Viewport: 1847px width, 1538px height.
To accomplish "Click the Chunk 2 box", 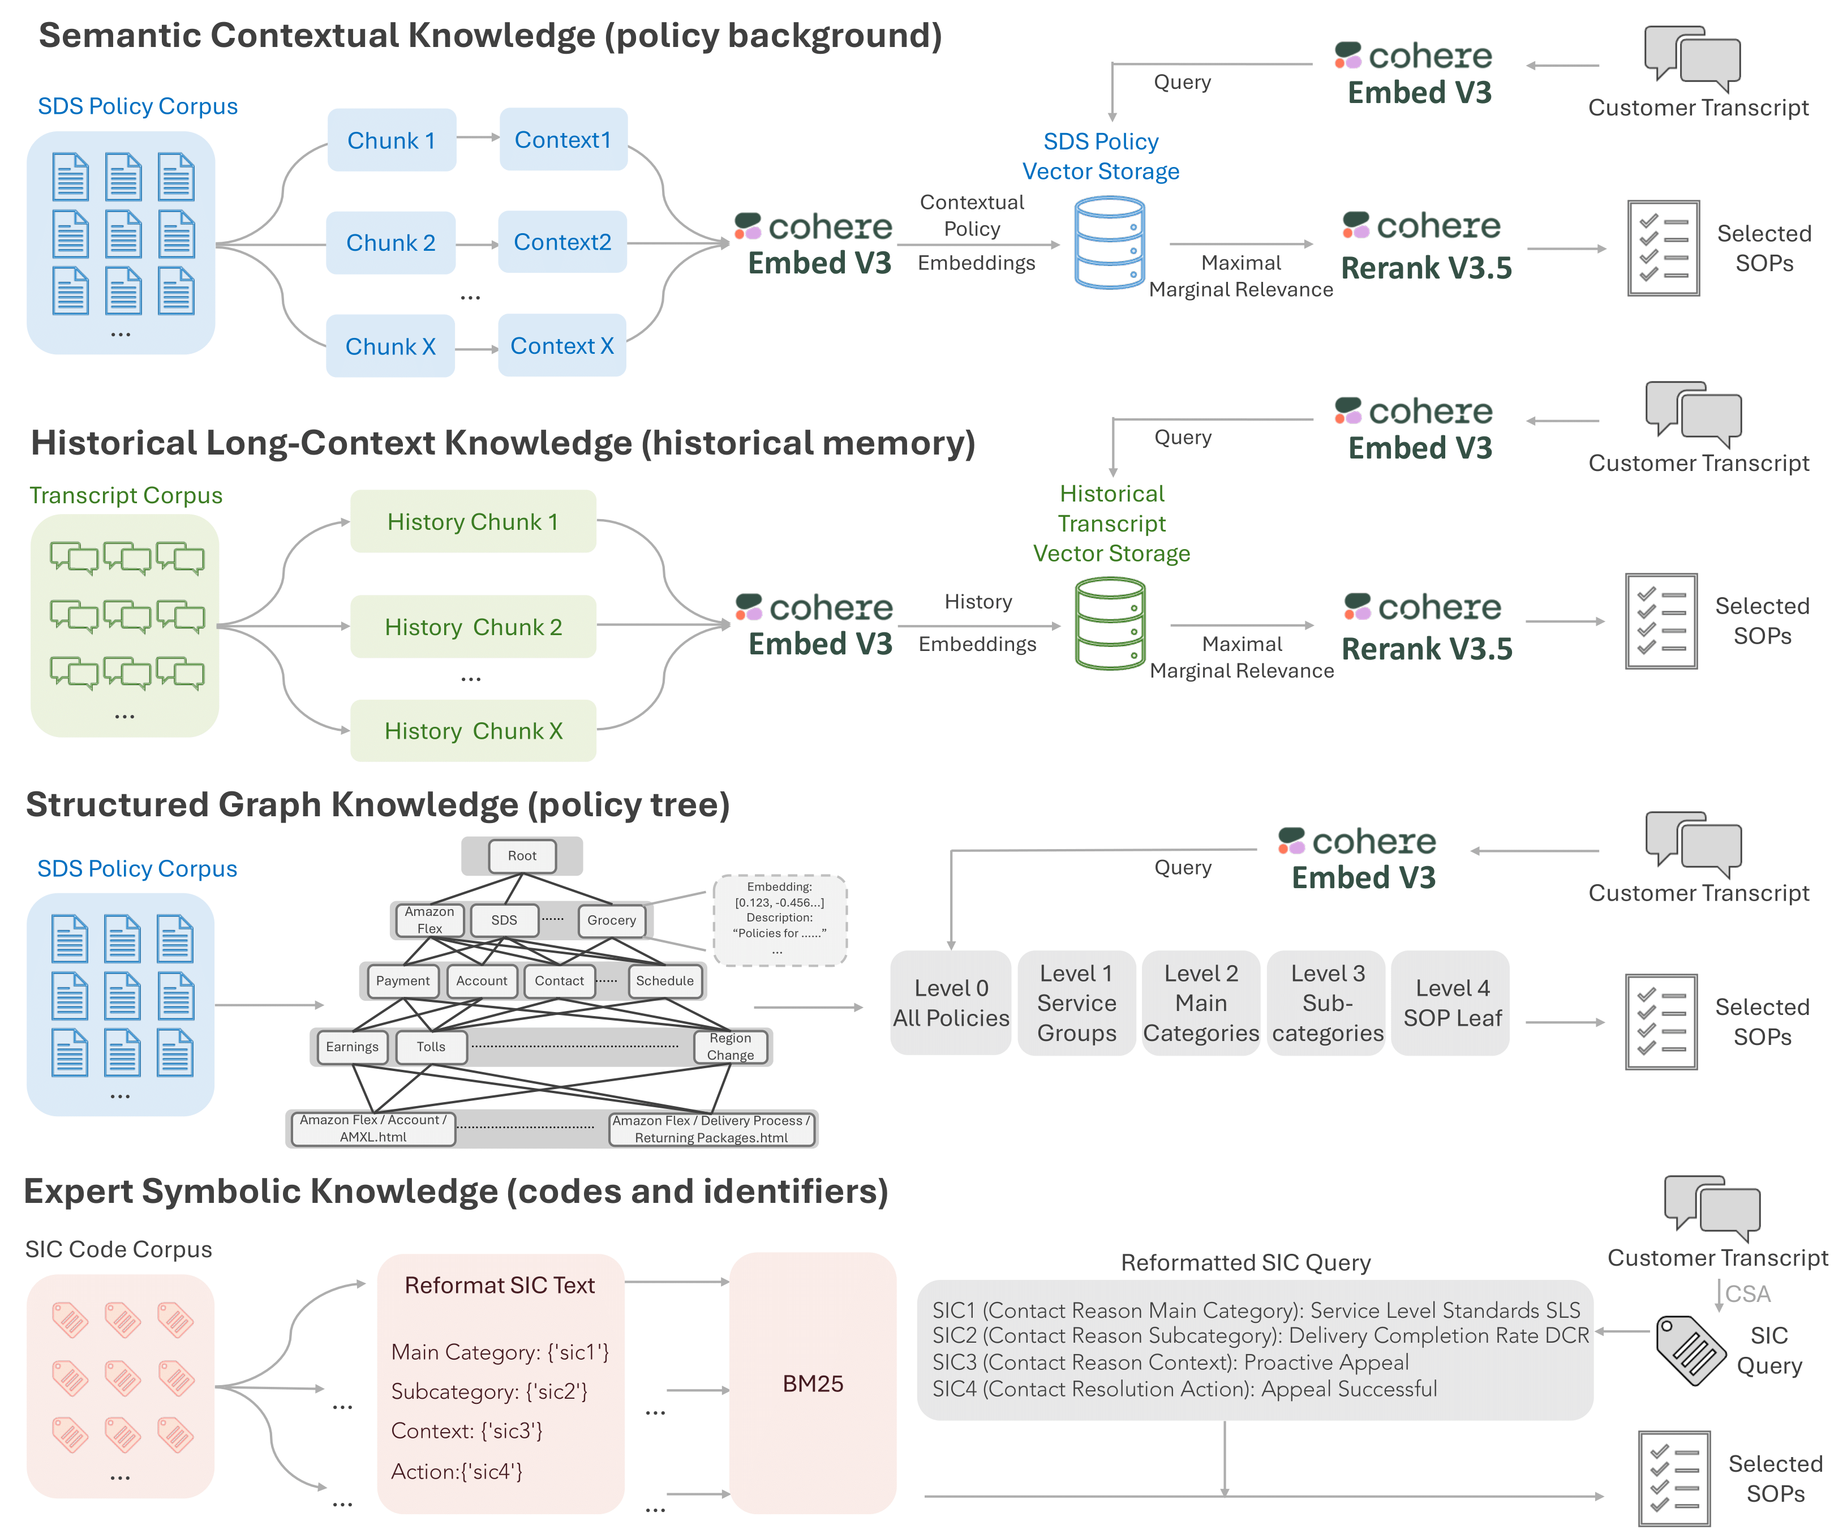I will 390,243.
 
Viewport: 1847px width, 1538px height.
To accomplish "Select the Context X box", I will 562,346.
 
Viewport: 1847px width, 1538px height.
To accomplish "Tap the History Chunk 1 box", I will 473,522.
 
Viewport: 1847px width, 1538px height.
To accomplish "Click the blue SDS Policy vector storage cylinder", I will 1109,243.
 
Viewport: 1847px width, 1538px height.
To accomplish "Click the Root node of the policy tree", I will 522,855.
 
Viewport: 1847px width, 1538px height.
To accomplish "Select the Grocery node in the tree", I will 611,920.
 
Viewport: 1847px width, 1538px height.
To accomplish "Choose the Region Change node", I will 730,1046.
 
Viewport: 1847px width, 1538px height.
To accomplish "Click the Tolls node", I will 431,1046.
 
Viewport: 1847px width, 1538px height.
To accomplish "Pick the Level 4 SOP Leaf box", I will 1451,1003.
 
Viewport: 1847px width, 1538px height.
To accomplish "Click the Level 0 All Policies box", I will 951,1003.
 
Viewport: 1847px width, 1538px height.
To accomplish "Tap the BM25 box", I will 813,1383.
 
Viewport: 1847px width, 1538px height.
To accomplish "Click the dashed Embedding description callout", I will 779,919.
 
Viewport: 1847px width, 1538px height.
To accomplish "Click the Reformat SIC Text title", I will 500,1286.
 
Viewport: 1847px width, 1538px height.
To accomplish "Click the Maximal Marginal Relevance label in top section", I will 1240,276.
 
